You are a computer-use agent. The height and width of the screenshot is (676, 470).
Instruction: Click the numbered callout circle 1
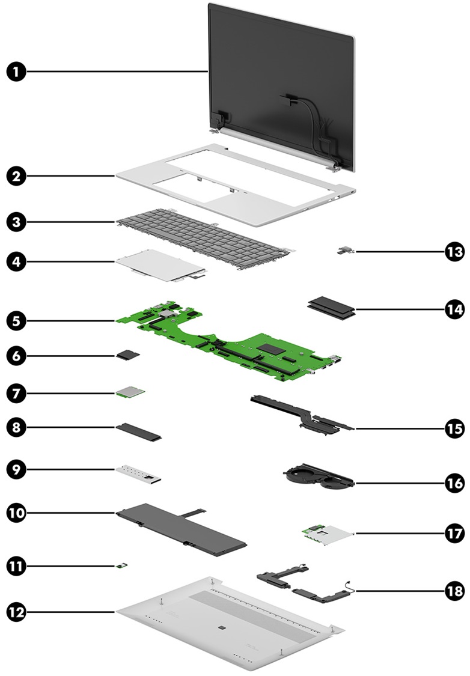pyautogui.click(x=17, y=72)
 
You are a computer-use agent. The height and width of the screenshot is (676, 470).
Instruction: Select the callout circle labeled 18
pyautogui.click(x=454, y=590)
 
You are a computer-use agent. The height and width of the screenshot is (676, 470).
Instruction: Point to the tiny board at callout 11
pyautogui.click(x=121, y=565)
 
